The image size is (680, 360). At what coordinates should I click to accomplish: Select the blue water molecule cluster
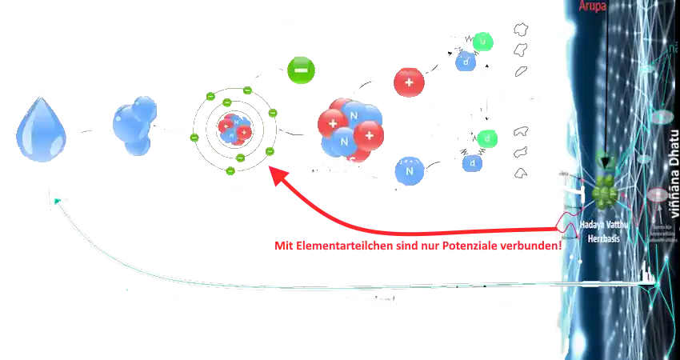tap(134, 126)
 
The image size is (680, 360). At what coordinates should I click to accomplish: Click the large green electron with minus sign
tap(302, 70)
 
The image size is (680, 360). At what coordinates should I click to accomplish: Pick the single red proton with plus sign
tap(408, 82)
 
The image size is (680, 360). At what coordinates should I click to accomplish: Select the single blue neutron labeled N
tap(409, 170)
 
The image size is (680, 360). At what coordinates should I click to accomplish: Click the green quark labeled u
tap(483, 41)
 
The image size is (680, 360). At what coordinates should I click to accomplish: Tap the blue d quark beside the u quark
tap(466, 60)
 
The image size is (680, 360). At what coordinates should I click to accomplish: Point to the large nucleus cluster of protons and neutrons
tap(350, 128)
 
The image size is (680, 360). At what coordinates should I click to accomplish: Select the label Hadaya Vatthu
tap(604, 226)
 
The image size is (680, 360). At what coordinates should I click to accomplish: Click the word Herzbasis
tap(604, 238)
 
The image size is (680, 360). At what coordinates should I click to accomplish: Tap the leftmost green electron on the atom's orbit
tap(194, 138)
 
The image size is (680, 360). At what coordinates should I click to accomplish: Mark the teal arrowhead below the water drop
tap(55, 195)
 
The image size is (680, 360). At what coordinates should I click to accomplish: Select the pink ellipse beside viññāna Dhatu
tap(656, 194)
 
